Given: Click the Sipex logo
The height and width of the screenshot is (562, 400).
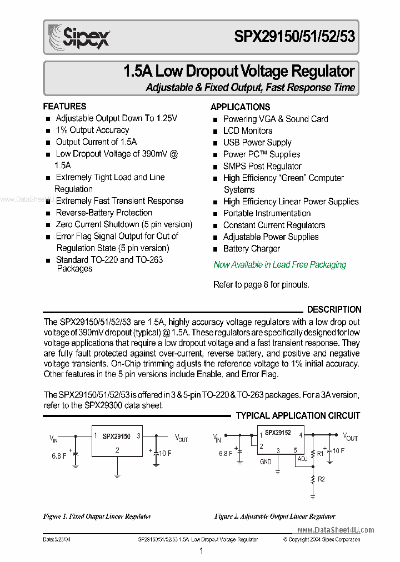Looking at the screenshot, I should [78, 38].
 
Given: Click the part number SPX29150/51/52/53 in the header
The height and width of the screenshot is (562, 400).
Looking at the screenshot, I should [294, 38].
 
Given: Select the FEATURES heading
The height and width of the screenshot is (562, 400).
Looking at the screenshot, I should [64, 106].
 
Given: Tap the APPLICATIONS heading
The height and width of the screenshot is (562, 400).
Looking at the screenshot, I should [240, 107].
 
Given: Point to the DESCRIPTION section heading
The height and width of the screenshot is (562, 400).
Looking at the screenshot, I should [334, 309].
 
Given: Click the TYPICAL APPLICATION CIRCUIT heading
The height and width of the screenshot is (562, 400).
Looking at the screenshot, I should [298, 415].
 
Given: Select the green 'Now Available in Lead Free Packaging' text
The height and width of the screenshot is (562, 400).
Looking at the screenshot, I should [279, 265].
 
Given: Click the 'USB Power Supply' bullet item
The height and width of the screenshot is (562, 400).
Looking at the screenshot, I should [257, 143].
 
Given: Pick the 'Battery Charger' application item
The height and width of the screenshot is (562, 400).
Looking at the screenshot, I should [251, 249].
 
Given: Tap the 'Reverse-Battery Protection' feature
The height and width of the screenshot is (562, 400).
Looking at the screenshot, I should [104, 213].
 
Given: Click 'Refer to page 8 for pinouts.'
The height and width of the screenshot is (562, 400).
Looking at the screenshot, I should [261, 285].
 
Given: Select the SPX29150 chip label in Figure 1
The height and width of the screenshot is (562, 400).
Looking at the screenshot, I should [116, 436].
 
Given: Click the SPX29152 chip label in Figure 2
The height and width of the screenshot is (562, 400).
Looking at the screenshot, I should [278, 432].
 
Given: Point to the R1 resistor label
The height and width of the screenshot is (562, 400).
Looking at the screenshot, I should [319, 453].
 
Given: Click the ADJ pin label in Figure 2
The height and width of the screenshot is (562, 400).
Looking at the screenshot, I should [302, 459].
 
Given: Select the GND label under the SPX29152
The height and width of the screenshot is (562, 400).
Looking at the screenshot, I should [266, 461].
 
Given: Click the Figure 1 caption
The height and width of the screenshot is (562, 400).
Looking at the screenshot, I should [97, 516].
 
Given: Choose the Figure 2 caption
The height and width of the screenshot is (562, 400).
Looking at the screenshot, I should [274, 516].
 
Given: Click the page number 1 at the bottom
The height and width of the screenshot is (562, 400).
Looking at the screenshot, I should [201, 551].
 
